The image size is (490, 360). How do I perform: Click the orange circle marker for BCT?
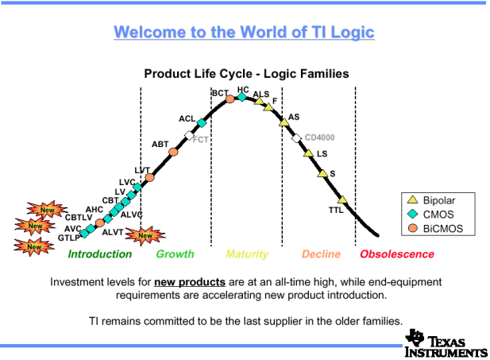click(x=230, y=99)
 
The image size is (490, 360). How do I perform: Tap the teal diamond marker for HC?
click(x=242, y=97)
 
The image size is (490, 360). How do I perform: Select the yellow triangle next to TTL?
click(x=342, y=199)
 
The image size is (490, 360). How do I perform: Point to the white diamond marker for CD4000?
click(x=296, y=138)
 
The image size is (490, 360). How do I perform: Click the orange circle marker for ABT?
click(x=173, y=152)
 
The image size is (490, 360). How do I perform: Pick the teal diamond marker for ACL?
click(x=202, y=123)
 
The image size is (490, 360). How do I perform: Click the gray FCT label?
click(x=200, y=140)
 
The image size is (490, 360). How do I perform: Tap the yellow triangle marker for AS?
click(x=284, y=122)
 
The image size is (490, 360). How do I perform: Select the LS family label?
click(x=322, y=154)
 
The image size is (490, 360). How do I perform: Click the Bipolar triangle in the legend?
click(x=413, y=199)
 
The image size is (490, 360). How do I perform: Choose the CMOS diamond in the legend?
click(x=413, y=214)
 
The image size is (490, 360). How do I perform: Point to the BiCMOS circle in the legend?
click(x=413, y=228)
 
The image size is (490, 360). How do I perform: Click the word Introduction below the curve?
click(x=100, y=254)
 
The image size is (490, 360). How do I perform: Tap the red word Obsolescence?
click(x=397, y=254)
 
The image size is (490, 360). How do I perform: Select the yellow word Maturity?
click(x=247, y=254)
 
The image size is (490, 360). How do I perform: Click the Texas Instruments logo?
click(x=446, y=343)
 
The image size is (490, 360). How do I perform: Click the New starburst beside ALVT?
click(x=145, y=235)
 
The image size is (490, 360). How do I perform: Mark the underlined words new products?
click(x=190, y=282)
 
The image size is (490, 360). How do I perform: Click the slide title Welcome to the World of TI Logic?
click(x=244, y=33)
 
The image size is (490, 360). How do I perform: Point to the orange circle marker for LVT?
click(x=149, y=177)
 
